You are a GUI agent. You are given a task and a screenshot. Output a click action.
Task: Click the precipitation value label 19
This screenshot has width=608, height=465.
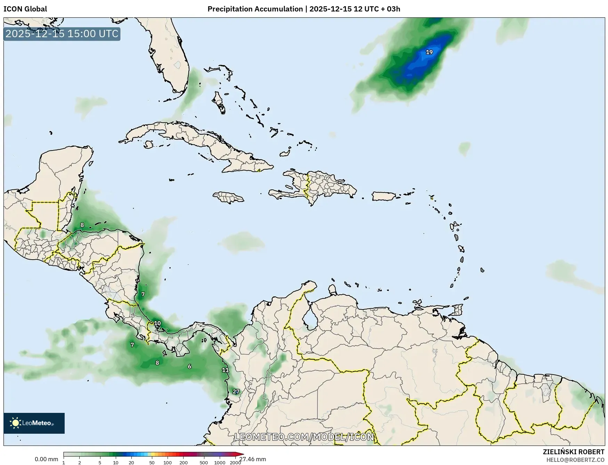click(x=429, y=52)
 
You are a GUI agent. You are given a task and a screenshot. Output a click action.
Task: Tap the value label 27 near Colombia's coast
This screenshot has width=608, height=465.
click(x=236, y=392)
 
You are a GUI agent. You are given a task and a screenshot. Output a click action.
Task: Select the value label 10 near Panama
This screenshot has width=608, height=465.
click(x=157, y=323)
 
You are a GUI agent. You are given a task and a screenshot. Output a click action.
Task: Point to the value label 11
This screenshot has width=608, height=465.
click(x=225, y=370)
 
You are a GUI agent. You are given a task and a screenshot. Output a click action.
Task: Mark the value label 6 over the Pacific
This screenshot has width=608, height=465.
click(x=189, y=366)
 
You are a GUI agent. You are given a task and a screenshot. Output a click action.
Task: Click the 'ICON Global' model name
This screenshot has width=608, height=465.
click(x=25, y=9)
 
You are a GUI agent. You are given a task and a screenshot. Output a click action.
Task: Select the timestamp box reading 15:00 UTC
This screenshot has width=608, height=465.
click(x=62, y=34)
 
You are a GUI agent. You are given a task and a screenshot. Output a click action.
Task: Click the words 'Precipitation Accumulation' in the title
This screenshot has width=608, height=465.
click(x=255, y=9)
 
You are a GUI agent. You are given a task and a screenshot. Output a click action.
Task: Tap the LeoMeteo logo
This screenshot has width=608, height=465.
click(x=34, y=423)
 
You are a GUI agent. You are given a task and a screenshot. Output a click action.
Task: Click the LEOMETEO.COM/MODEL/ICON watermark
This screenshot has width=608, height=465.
click(x=304, y=437)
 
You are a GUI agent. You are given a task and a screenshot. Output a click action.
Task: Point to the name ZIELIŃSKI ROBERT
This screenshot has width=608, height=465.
click(x=574, y=452)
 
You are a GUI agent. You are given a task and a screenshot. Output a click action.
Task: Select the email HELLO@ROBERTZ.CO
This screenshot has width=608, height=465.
click(x=575, y=460)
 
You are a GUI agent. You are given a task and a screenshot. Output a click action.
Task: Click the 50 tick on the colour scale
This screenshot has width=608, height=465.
click(x=152, y=462)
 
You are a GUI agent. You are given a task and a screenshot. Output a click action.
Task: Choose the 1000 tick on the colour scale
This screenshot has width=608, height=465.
click(x=220, y=462)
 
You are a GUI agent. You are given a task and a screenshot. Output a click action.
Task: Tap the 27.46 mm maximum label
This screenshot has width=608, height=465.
click(x=252, y=459)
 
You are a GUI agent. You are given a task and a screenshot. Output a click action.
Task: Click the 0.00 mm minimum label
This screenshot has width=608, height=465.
click(x=46, y=459)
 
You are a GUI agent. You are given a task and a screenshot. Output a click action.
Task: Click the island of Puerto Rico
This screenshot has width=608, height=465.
click(x=384, y=196)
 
